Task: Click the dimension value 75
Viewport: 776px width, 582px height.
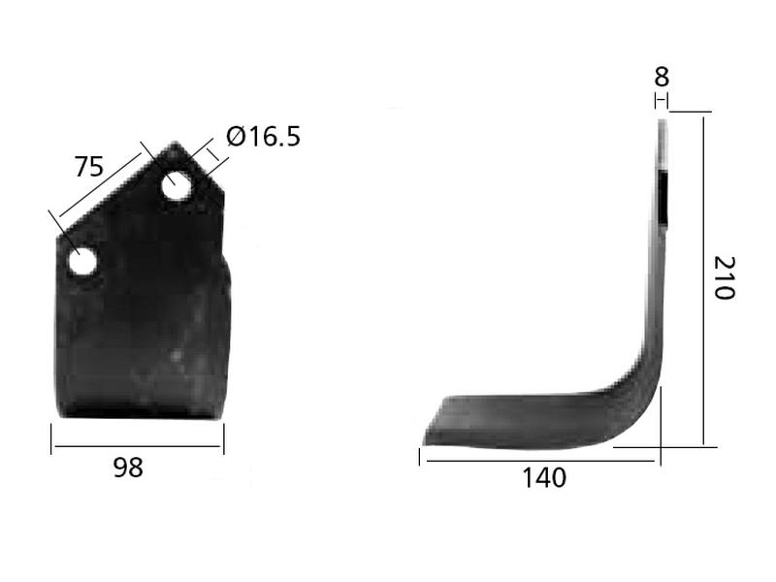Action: (x=89, y=167)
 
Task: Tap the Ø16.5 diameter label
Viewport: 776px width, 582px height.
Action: (x=263, y=137)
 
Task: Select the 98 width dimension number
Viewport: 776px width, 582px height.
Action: (x=128, y=468)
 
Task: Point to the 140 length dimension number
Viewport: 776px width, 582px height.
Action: (x=543, y=477)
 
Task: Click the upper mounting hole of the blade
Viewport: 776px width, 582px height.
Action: (x=177, y=185)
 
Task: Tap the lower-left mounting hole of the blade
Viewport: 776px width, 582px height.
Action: (x=81, y=261)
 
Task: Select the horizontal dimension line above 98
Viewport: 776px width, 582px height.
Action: (x=137, y=447)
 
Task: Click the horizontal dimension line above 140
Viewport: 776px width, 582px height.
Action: (x=539, y=460)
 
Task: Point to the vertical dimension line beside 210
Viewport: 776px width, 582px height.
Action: (x=704, y=279)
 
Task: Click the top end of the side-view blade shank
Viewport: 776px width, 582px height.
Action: (x=663, y=122)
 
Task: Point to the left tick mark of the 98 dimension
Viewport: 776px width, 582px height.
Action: (x=51, y=438)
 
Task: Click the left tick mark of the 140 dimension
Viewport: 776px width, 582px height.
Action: (x=420, y=457)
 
